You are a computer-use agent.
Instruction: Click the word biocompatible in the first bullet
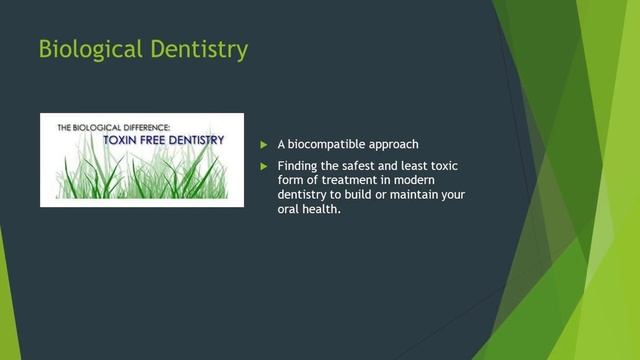pyautogui.click(x=336, y=145)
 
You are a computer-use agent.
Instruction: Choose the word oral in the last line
pyautogui.click(x=289, y=210)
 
